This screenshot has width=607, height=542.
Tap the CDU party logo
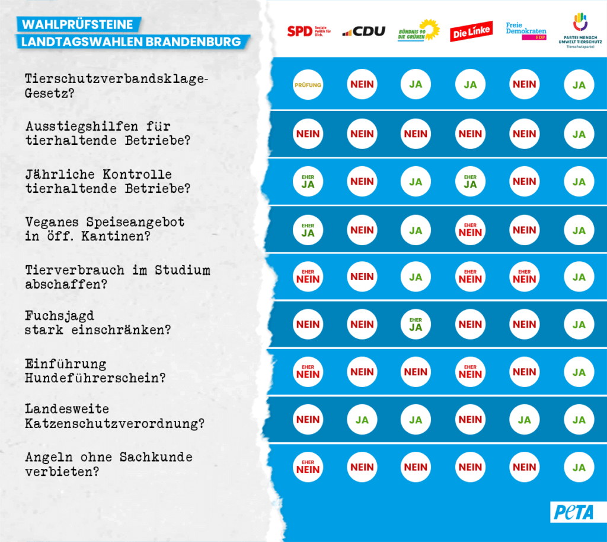363,31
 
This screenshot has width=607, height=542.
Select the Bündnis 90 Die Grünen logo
418,30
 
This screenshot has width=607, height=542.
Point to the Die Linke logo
471,31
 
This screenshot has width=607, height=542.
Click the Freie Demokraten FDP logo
525,31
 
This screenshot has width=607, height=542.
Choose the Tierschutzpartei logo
579,30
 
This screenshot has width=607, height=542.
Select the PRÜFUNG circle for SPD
308,85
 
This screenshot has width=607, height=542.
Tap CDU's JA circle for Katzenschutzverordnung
362,420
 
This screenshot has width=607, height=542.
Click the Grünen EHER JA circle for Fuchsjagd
416,324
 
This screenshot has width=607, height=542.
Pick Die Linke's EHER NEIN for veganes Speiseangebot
470,230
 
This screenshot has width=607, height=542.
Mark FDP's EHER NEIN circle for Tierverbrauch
524,277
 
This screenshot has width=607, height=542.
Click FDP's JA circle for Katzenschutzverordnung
524,420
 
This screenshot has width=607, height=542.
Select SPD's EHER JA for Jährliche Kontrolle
308,181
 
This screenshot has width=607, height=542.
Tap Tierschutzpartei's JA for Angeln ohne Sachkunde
579,468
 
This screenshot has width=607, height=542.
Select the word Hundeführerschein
95,378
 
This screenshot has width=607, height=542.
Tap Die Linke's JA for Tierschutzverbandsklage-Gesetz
470,85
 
